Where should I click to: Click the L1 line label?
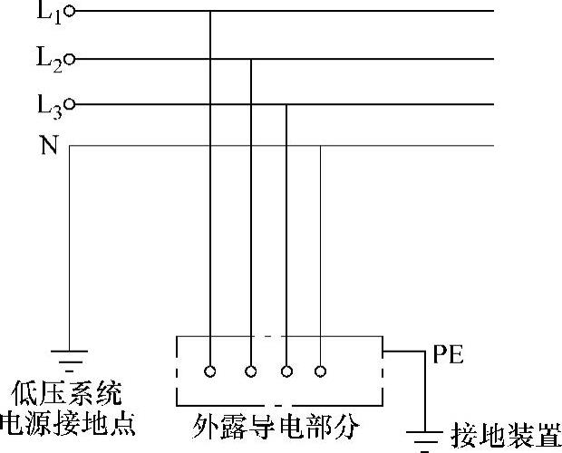point(46,12)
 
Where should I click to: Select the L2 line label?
point(48,60)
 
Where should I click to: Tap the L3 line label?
point(48,106)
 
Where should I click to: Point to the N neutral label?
point(48,146)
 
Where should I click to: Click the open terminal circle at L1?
point(71,12)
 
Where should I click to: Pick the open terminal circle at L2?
point(71,60)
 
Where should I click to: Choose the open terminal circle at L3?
point(71,105)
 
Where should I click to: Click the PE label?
point(448,354)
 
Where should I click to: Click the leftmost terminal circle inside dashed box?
point(210,371)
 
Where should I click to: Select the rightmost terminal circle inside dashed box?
point(320,371)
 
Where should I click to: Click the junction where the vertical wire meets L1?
point(210,12)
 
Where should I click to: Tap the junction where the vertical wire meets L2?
point(251,60)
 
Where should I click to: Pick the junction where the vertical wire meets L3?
point(286,105)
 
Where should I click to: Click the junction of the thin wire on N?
point(320,146)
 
